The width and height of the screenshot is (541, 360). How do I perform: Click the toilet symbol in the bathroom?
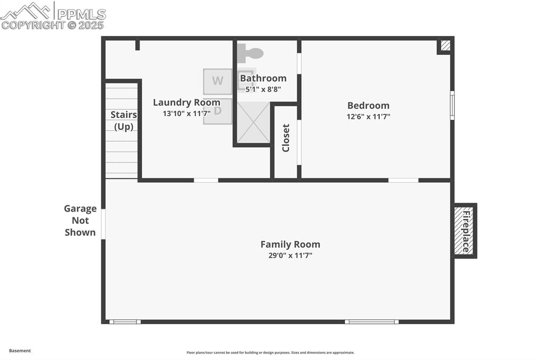(x=250, y=53)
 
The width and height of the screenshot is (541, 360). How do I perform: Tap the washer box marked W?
(x=218, y=81)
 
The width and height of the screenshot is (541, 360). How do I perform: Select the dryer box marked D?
(x=218, y=111)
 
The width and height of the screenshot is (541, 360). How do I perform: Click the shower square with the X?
(x=254, y=122)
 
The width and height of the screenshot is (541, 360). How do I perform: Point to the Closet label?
(x=286, y=138)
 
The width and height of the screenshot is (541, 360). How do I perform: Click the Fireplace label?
(x=466, y=231)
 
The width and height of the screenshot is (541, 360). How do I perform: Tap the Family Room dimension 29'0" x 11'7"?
(x=290, y=255)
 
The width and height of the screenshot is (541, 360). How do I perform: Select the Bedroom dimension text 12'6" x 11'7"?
(x=368, y=117)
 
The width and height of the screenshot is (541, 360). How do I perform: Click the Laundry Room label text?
(x=186, y=102)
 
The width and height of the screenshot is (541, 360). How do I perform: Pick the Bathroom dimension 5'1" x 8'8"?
(x=263, y=89)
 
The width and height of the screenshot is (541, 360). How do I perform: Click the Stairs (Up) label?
(x=124, y=120)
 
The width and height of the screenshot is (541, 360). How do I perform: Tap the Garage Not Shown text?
(x=80, y=221)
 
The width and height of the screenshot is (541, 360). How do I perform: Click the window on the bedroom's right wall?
(x=452, y=105)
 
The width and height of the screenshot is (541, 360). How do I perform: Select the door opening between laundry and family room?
(x=206, y=181)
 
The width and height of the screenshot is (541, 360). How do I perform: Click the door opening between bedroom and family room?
(x=403, y=181)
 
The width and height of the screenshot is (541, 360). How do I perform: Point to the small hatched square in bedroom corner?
(x=445, y=46)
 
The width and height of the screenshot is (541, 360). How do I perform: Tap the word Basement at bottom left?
(x=20, y=350)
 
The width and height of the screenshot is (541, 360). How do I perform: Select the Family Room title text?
(x=290, y=244)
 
